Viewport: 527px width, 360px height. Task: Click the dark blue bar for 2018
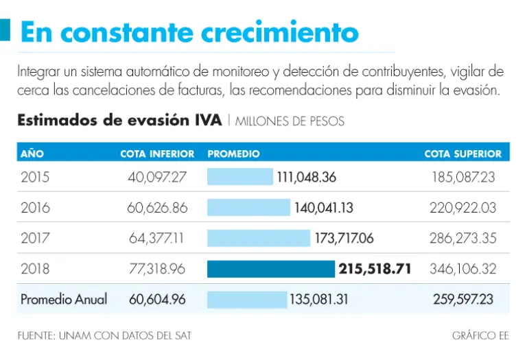(x=271, y=269)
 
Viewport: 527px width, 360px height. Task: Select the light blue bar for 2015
(x=240, y=177)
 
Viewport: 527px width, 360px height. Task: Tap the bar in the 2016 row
(x=248, y=207)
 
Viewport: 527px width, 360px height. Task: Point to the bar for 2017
(x=259, y=238)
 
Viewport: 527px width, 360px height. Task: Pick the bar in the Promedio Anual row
(x=247, y=300)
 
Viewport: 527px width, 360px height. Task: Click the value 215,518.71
(x=375, y=269)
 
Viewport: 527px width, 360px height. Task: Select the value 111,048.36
(x=307, y=177)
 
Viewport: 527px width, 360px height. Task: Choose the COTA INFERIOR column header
(x=157, y=154)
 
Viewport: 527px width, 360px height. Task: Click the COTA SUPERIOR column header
(x=462, y=154)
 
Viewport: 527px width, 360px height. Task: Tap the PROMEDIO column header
(x=233, y=154)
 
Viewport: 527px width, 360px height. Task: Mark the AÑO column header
(x=32, y=154)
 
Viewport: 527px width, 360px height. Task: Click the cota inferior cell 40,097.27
(x=157, y=177)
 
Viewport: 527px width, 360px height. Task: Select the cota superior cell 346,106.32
(x=462, y=269)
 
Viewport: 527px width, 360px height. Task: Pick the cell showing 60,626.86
(x=157, y=207)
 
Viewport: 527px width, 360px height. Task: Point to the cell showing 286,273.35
(x=462, y=238)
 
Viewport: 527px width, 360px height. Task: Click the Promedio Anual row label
(x=64, y=300)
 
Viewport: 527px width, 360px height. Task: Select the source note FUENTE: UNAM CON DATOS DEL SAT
(x=104, y=335)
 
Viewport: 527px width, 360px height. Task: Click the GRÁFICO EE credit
(x=480, y=335)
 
